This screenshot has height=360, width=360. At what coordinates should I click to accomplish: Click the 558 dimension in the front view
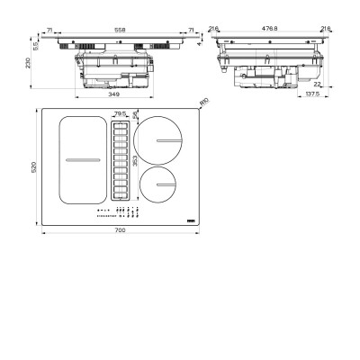click(120, 29)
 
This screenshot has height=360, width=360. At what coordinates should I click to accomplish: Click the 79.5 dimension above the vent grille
click(121, 113)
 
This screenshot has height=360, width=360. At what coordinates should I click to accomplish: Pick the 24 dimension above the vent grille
click(136, 115)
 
